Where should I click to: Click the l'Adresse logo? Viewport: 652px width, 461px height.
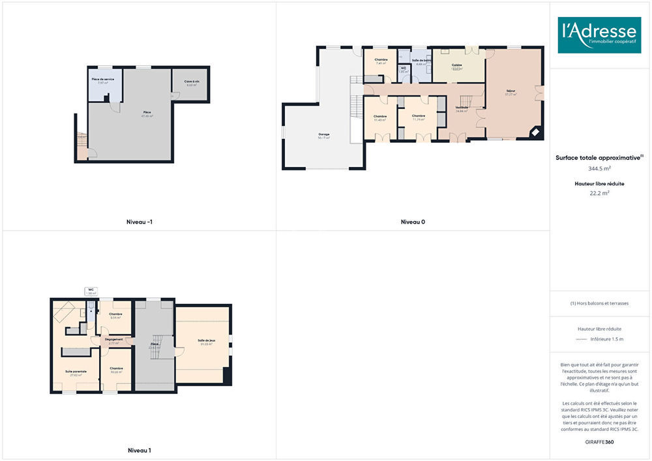pos(599,35)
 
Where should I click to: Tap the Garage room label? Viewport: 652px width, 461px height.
pos(324,134)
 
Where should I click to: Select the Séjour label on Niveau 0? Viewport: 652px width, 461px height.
pos(511,91)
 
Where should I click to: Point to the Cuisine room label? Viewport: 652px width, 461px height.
pos(458,67)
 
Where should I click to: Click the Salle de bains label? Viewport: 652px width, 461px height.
pos(421,60)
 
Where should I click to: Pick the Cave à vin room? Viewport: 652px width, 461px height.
pos(191,82)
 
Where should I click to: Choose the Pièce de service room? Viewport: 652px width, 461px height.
pos(103,80)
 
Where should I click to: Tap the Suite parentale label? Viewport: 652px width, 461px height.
pos(76,372)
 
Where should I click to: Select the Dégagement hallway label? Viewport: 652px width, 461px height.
pos(114,339)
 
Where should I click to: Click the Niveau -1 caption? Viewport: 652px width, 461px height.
pos(140,222)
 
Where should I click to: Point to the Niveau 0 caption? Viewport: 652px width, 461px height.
pos(413,222)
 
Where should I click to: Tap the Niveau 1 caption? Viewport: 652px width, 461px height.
pos(140,450)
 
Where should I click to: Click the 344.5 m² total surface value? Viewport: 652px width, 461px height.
pos(599,168)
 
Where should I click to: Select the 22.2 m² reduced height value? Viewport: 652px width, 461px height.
pos(599,193)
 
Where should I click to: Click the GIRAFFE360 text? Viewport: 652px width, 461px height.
pos(599,442)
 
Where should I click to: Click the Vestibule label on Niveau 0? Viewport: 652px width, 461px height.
pos(462,108)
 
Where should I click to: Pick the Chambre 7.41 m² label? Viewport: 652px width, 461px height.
pos(381,61)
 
